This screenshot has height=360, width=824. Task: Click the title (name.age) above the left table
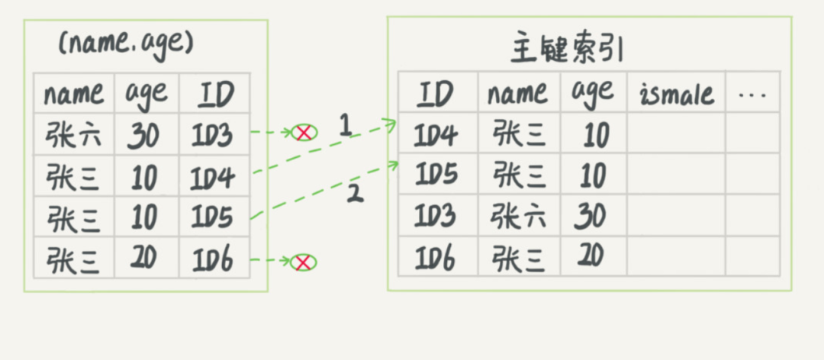[127, 43]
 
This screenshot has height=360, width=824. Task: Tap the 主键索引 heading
[566, 50]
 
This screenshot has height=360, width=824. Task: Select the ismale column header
[676, 95]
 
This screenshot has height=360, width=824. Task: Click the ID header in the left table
[216, 95]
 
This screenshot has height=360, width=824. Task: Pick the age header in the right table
[592, 93]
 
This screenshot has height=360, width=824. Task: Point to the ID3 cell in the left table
[214, 135]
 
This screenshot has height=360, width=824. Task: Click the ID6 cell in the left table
[214, 262]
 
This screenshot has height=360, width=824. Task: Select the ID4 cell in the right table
[436, 136]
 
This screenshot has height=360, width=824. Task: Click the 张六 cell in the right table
[520, 217]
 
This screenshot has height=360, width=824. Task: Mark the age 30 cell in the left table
[144, 136]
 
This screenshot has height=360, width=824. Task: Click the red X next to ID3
[304, 133]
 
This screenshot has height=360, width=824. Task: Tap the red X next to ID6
[304, 262]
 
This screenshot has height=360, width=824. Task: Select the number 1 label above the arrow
[345, 125]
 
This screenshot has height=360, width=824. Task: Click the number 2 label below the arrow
[354, 192]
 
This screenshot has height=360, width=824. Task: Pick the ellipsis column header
[752, 95]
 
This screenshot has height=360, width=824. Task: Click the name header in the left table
[73, 95]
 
